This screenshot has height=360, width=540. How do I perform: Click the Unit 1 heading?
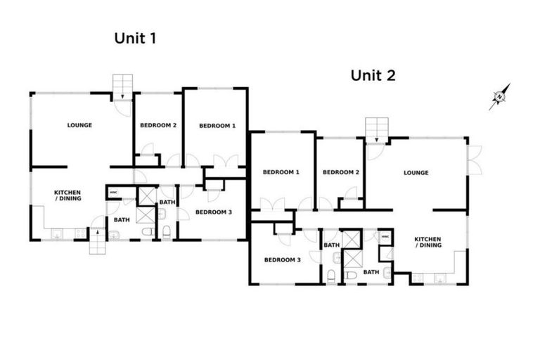pyautogui.click(x=134, y=39)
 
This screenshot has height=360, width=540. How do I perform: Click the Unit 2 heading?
pyautogui.click(x=373, y=75)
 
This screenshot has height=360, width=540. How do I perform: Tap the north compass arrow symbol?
pyautogui.click(x=500, y=97)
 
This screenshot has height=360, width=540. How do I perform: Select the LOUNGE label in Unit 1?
pyautogui.click(x=79, y=125)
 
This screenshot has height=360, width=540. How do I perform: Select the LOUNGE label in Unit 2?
pyautogui.click(x=416, y=172)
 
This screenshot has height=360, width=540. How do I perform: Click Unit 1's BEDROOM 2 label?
pyautogui.click(x=157, y=126)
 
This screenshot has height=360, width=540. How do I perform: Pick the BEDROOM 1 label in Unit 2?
pyautogui.click(x=281, y=172)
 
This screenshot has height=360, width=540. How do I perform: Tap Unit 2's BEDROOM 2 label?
pyautogui.click(x=340, y=172)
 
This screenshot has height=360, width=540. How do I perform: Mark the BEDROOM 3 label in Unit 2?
pyautogui.click(x=282, y=259)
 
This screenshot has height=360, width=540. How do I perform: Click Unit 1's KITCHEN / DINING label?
pyautogui.click(x=68, y=195)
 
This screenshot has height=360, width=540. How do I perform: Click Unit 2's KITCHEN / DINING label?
pyautogui.click(x=427, y=242)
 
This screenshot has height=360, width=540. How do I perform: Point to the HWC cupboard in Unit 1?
pyautogui.click(x=113, y=192)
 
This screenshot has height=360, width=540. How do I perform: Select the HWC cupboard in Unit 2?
pyautogui.click(x=385, y=237)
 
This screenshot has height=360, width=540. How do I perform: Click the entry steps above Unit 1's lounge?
pyautogui.click(x=123, y=84)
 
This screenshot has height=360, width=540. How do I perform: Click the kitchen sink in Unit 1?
pyautogui.click(x=58, y=233)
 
